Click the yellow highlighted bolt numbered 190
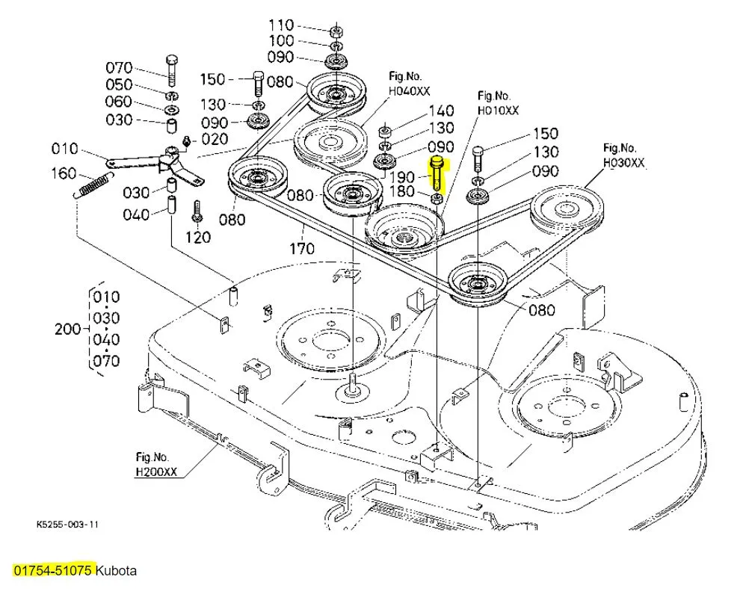click(x=437, y=173)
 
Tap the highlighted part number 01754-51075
click(x=53, y=571)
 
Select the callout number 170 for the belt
click(x=302, y=247)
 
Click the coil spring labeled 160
click(x=93, y=184)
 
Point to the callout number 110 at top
click(x=281, y=25)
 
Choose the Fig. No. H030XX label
click(x=623, y=155)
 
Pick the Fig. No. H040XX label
click(x=409, y=84)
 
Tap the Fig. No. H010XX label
click(x=498, y=103)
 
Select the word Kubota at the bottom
click(x=117, y=571)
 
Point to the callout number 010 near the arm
click(x=65, y=149)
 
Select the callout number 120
click(x=198, y=238)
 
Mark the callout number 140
click(x=441, y=112)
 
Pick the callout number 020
click(x=216, y=139)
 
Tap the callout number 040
click(x=137, y=215)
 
